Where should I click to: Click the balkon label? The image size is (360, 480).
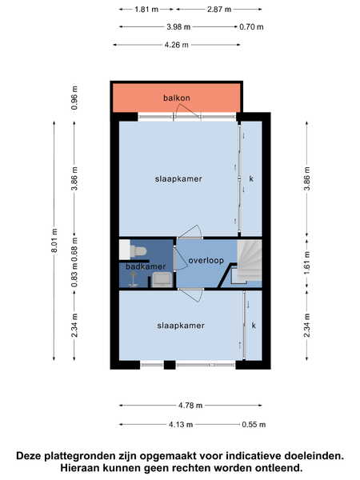coord(177,98)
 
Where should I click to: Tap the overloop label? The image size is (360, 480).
coord(206,261)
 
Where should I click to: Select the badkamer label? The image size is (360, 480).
coord(146,266)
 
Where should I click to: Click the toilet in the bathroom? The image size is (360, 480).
coord(138,251)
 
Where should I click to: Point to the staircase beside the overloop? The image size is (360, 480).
coord(248,262)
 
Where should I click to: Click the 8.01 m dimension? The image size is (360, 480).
coord(54,241)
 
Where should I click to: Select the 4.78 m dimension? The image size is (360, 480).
coord(190,406)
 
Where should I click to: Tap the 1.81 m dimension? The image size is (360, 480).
coord(146,9)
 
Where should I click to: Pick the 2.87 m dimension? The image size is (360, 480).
coord(219,9)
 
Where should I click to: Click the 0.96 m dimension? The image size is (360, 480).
coord(74,98)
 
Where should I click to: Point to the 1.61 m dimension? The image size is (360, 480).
coord(307,262)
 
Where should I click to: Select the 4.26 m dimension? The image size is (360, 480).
coord(177,45)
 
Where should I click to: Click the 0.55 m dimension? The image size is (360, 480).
coord(254,425)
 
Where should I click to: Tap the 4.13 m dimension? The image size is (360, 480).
coord(181,425)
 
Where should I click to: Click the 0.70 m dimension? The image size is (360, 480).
coord(251,27)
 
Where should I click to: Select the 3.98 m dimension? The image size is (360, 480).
coord(178,27)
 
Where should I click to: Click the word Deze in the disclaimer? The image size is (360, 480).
coord(29,456)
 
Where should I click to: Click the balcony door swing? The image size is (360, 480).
coord(188,111)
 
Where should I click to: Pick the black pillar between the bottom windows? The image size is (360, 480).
coord(170,365)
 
